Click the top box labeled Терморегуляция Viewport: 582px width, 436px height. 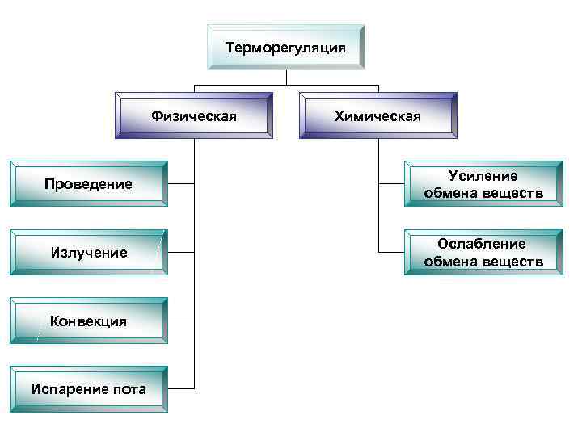[x=286, y=48]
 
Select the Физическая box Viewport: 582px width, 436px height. [x=194, y=116]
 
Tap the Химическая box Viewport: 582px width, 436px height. [x=377, y=116]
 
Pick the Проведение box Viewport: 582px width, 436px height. [x=88, y=184]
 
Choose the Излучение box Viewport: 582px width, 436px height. [x=88, y=253]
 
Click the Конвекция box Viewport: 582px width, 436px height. [x=88, y=321]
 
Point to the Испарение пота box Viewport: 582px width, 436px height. [x=88, y=389]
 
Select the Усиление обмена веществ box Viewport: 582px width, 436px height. [x=483, y=185]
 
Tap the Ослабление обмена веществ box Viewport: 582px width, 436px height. [x=483, y=253]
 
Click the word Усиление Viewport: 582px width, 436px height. [x=483, y=176]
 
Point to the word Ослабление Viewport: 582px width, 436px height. [x=483, y=244]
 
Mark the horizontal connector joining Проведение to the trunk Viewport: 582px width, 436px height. [x=181, y=184]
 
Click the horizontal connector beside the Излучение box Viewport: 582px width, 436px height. [x=181, y=253]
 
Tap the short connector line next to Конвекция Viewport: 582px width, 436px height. [x=181, y=321]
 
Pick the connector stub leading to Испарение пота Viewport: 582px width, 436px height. [x=181, y=389]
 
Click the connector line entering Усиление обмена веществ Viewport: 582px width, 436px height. [x=390, y=185]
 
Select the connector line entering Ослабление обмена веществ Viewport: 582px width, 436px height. [x=390, y=253]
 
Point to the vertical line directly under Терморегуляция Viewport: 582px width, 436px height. [x=286, y=78]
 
